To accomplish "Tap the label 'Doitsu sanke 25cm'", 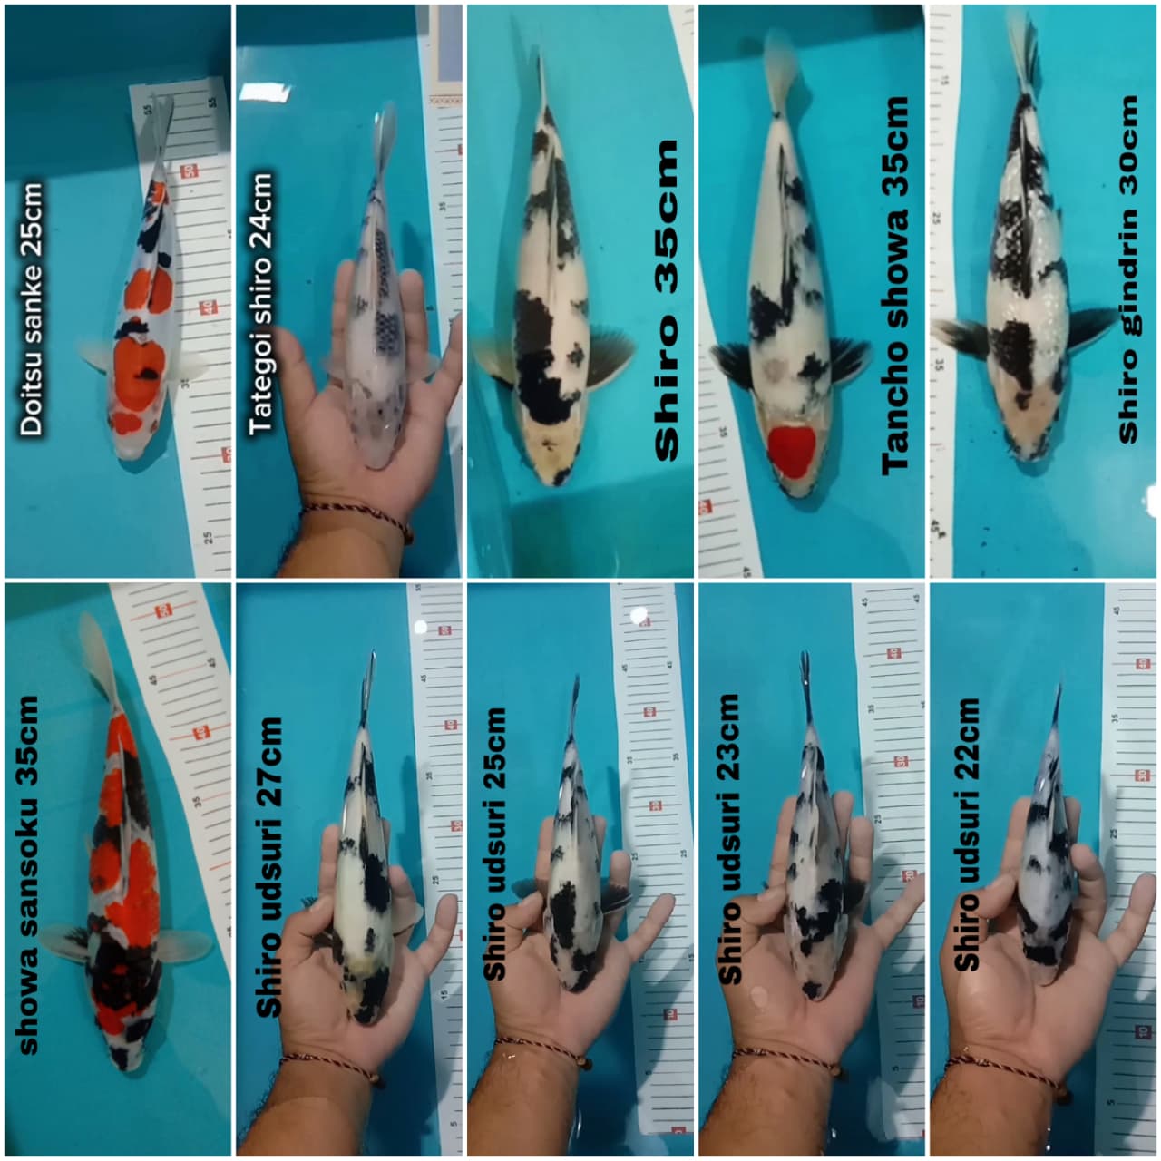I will click(33, 308).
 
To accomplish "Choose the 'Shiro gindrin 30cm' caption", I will click(1128, 269).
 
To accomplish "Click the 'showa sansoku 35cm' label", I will click(30, 874).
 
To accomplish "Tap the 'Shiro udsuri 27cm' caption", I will click(269, 866).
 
